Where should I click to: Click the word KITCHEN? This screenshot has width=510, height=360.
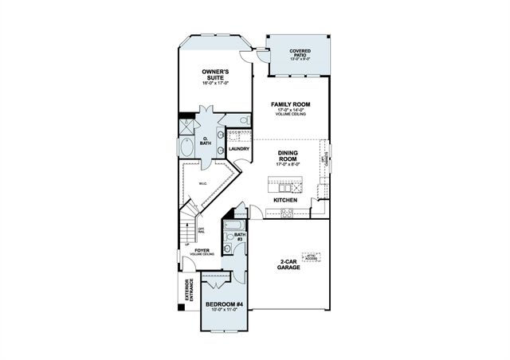pos(285,200)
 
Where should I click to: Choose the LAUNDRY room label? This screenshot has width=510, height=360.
pos(239,149)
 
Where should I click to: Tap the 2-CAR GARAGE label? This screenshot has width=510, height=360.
pos(289,266)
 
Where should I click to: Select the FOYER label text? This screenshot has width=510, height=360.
pos(202,250)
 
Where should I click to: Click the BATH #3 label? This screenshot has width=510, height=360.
pos(239,236)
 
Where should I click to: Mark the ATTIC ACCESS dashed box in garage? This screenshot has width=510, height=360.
pos(312,257)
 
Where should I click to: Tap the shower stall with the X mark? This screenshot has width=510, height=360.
pos(186,124)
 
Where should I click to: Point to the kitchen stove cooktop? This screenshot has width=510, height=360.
pos(288,212)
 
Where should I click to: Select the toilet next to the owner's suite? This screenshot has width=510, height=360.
pos(244,120)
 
